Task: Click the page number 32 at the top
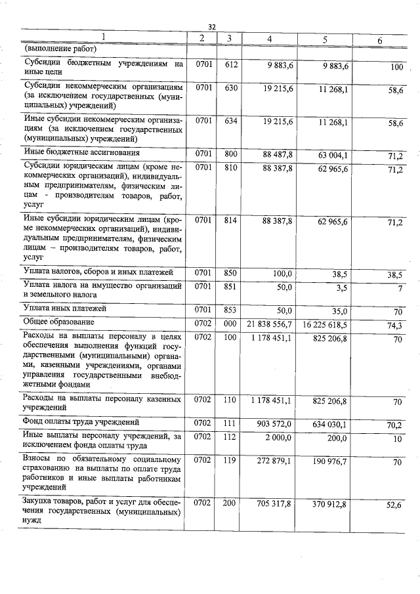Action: point(212,26)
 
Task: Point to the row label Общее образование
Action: point(59,322)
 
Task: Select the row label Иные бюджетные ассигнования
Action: point(81,152)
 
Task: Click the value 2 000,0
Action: point(278,438)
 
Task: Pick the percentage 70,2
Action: point(395,426)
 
